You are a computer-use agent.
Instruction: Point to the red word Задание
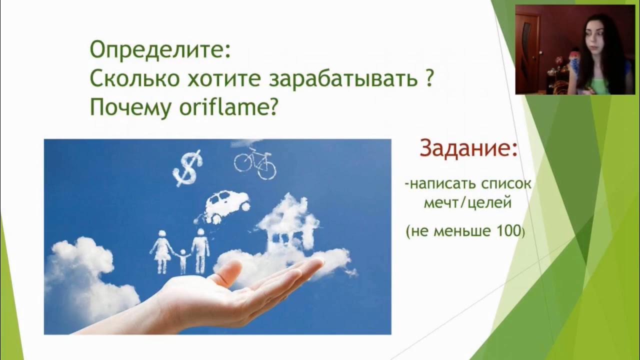[468, 148]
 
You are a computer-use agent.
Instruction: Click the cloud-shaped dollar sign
[187, 168]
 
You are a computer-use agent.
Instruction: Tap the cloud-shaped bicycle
[255, 162]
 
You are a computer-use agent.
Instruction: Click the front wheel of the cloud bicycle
[266, 169]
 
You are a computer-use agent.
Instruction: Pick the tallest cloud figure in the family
[200, 250]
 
